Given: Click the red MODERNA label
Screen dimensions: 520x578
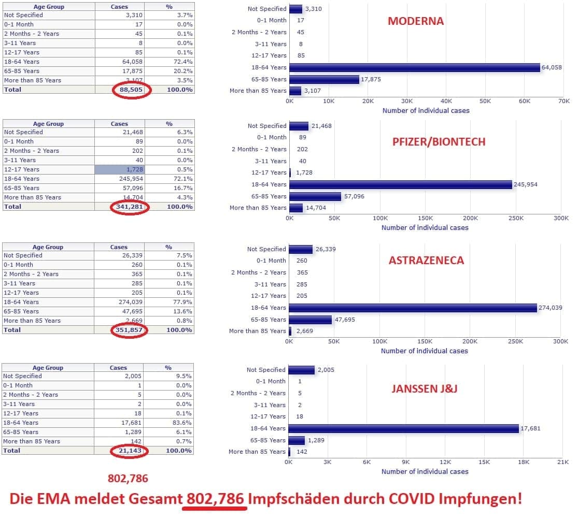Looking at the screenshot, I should [x=416, y=21].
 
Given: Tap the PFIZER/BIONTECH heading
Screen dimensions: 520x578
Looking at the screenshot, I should [x=439, y=142].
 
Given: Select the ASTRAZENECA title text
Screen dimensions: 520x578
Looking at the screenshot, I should [x=426, y=261].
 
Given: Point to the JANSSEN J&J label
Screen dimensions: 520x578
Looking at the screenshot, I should [x=424, y=388].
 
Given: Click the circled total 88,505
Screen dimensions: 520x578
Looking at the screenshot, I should [x=131, y=90].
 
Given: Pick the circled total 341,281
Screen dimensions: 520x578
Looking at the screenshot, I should [x=130, y=207].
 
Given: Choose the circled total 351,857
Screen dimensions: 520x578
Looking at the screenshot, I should [x=130, y=330].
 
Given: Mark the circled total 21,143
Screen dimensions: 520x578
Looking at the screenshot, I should [x=130, y=451].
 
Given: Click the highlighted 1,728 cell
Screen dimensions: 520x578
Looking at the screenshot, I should [x=119, y=169].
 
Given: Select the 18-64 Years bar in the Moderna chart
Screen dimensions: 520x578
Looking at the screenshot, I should [x=415, y=67].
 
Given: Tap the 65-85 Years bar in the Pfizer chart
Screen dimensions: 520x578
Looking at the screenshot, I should [x=315, y=196].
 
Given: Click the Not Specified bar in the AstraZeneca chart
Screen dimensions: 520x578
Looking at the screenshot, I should [x=301, y=249].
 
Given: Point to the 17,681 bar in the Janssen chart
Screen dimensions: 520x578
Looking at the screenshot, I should [x=403, y=428].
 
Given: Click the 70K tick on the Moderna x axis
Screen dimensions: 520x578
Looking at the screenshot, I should [x=563, y=101].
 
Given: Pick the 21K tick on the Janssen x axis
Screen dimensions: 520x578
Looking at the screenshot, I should [x=562, y=462].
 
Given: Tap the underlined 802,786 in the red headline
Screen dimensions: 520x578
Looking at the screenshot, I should [x=215, y=499].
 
